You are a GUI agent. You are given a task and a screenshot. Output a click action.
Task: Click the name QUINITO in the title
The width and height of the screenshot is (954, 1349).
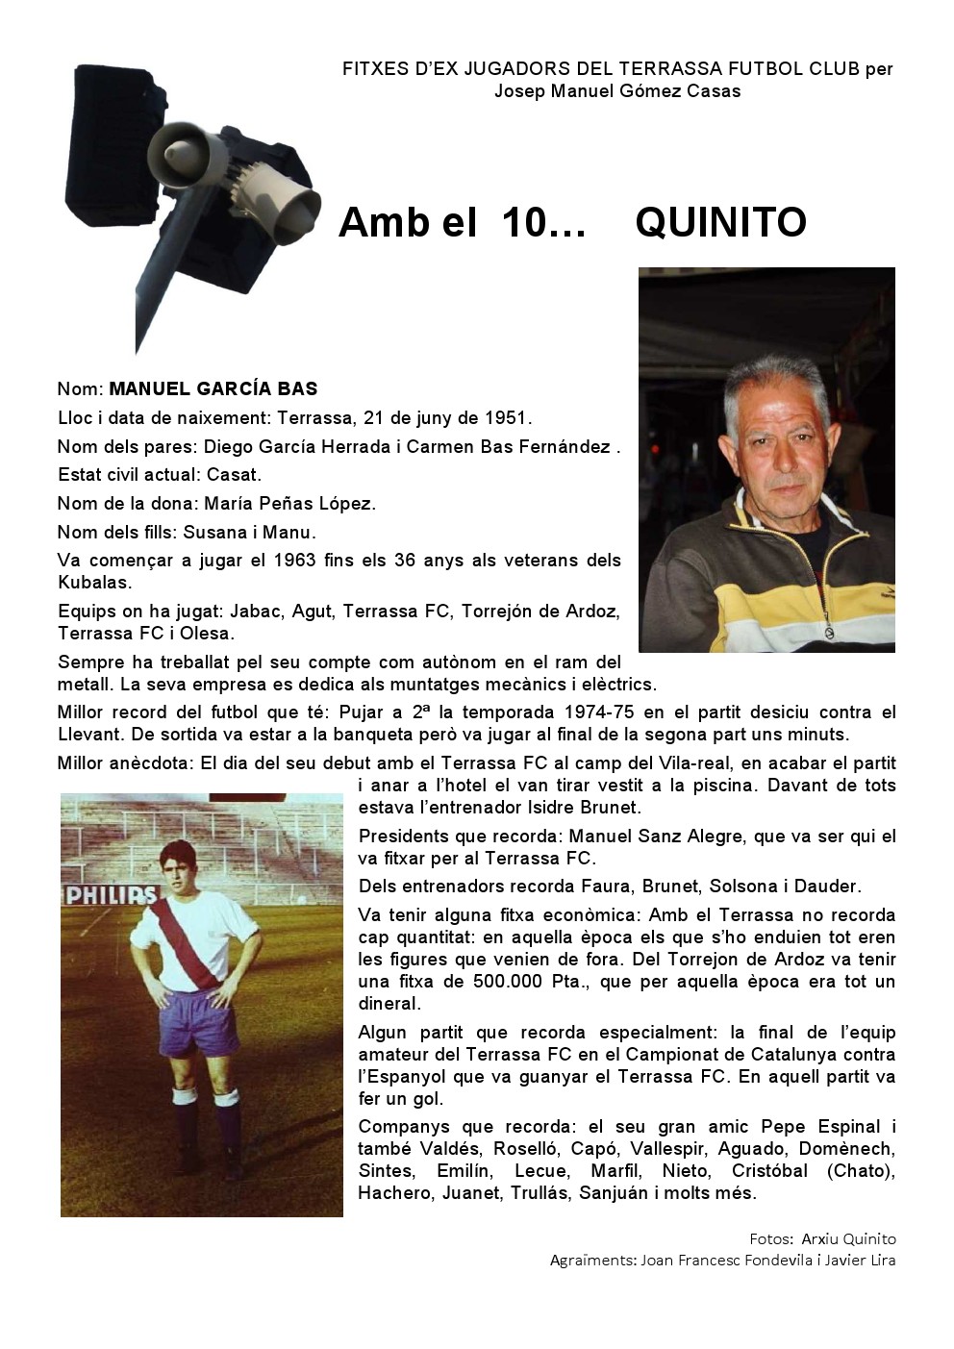point(720,223)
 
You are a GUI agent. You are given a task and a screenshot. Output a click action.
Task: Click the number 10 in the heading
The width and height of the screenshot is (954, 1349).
point(523,223)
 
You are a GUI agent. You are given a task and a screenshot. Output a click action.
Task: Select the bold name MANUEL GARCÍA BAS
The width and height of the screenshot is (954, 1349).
point(213,389)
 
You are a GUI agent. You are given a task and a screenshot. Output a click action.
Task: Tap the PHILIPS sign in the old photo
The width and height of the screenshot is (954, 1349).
point(111,895)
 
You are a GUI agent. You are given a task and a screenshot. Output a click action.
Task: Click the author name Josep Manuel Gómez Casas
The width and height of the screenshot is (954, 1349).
point(617,91)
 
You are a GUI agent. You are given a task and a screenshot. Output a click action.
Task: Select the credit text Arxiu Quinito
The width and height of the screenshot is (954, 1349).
point(848,1239)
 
